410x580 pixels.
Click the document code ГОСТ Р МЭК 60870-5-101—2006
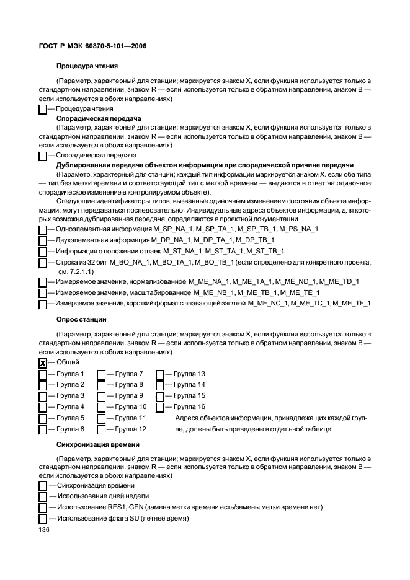coord(92,46)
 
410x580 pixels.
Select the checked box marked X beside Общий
coord(42,363)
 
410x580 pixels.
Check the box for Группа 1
coord(42,374)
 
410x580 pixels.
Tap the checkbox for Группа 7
coord(101,374)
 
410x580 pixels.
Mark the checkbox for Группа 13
coord(159,374)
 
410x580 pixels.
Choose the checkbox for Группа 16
coord(159,407)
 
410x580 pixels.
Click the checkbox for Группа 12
coord(101,429)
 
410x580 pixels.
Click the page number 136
coord(44,530)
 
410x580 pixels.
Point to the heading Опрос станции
coord(82,319)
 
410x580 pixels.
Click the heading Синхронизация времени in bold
coord(97,444)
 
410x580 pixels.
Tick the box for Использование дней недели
coord(42,496)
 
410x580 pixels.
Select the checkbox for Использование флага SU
coord(42,519)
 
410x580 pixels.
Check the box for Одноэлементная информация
coord(42,229)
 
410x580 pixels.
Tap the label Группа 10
coord(130,407)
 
